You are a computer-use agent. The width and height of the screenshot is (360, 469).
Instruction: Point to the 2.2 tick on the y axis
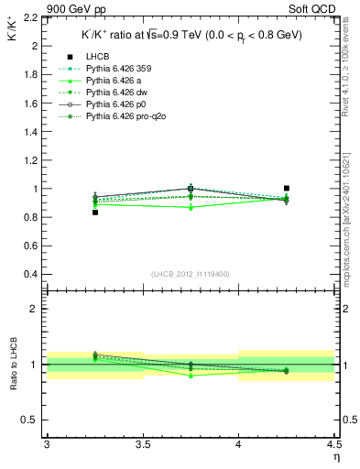pos(32,17)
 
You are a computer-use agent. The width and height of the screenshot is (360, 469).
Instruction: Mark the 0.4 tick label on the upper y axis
pos(32,275)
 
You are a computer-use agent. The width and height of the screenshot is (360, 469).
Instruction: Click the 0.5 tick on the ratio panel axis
pos(32,420)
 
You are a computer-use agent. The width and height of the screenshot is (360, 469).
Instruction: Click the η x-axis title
pos(336,456)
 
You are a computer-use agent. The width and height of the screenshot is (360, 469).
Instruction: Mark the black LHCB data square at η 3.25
pos(95,213)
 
